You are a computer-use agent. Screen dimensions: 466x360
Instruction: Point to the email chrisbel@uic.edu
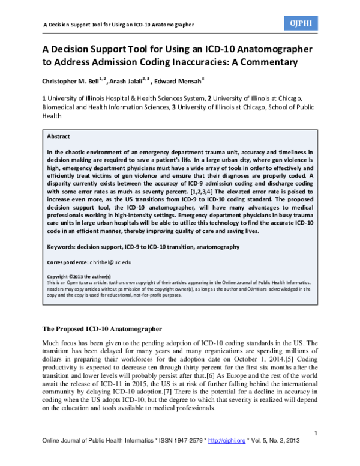pos(111,262)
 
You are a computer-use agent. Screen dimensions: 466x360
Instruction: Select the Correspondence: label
pos(67,262)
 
